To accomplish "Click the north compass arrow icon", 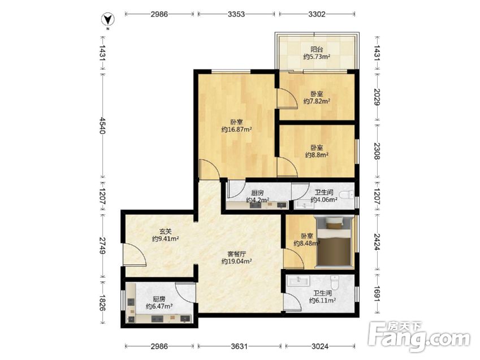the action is pyautogui.click(x=107, y=20).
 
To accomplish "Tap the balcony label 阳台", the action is pyautogui.click(x=317, y=49).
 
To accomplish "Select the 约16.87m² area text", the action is pyautogui.click(x=237, y=129).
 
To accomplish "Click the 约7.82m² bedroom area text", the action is pyautogui.click(x=317, y=101).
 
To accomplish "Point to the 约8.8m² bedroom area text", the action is pyautogui.click(x=317, y=155).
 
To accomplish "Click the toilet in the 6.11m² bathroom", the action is pyautogui.click(x=335, y=283).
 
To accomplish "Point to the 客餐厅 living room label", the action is pyautogui.click(x=237, y=254).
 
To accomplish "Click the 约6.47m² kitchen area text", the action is pyautogui.click(x=159, y=306).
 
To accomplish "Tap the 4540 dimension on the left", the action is pyautogui.click(x=102, y=125).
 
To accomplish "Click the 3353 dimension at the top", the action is pyautogui.click(x=236, y=14).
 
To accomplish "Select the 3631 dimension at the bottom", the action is pyautogui.click(x=239, y=346).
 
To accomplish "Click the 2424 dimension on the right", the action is pyautogui.click(x=377, y=242).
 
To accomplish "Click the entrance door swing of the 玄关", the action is pyautogui.click(x=134, y=254).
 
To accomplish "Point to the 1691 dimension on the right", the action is pyautogui.click(x=377, y=294).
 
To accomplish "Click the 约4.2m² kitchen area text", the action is pyautogui.click(x=258, y=200).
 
